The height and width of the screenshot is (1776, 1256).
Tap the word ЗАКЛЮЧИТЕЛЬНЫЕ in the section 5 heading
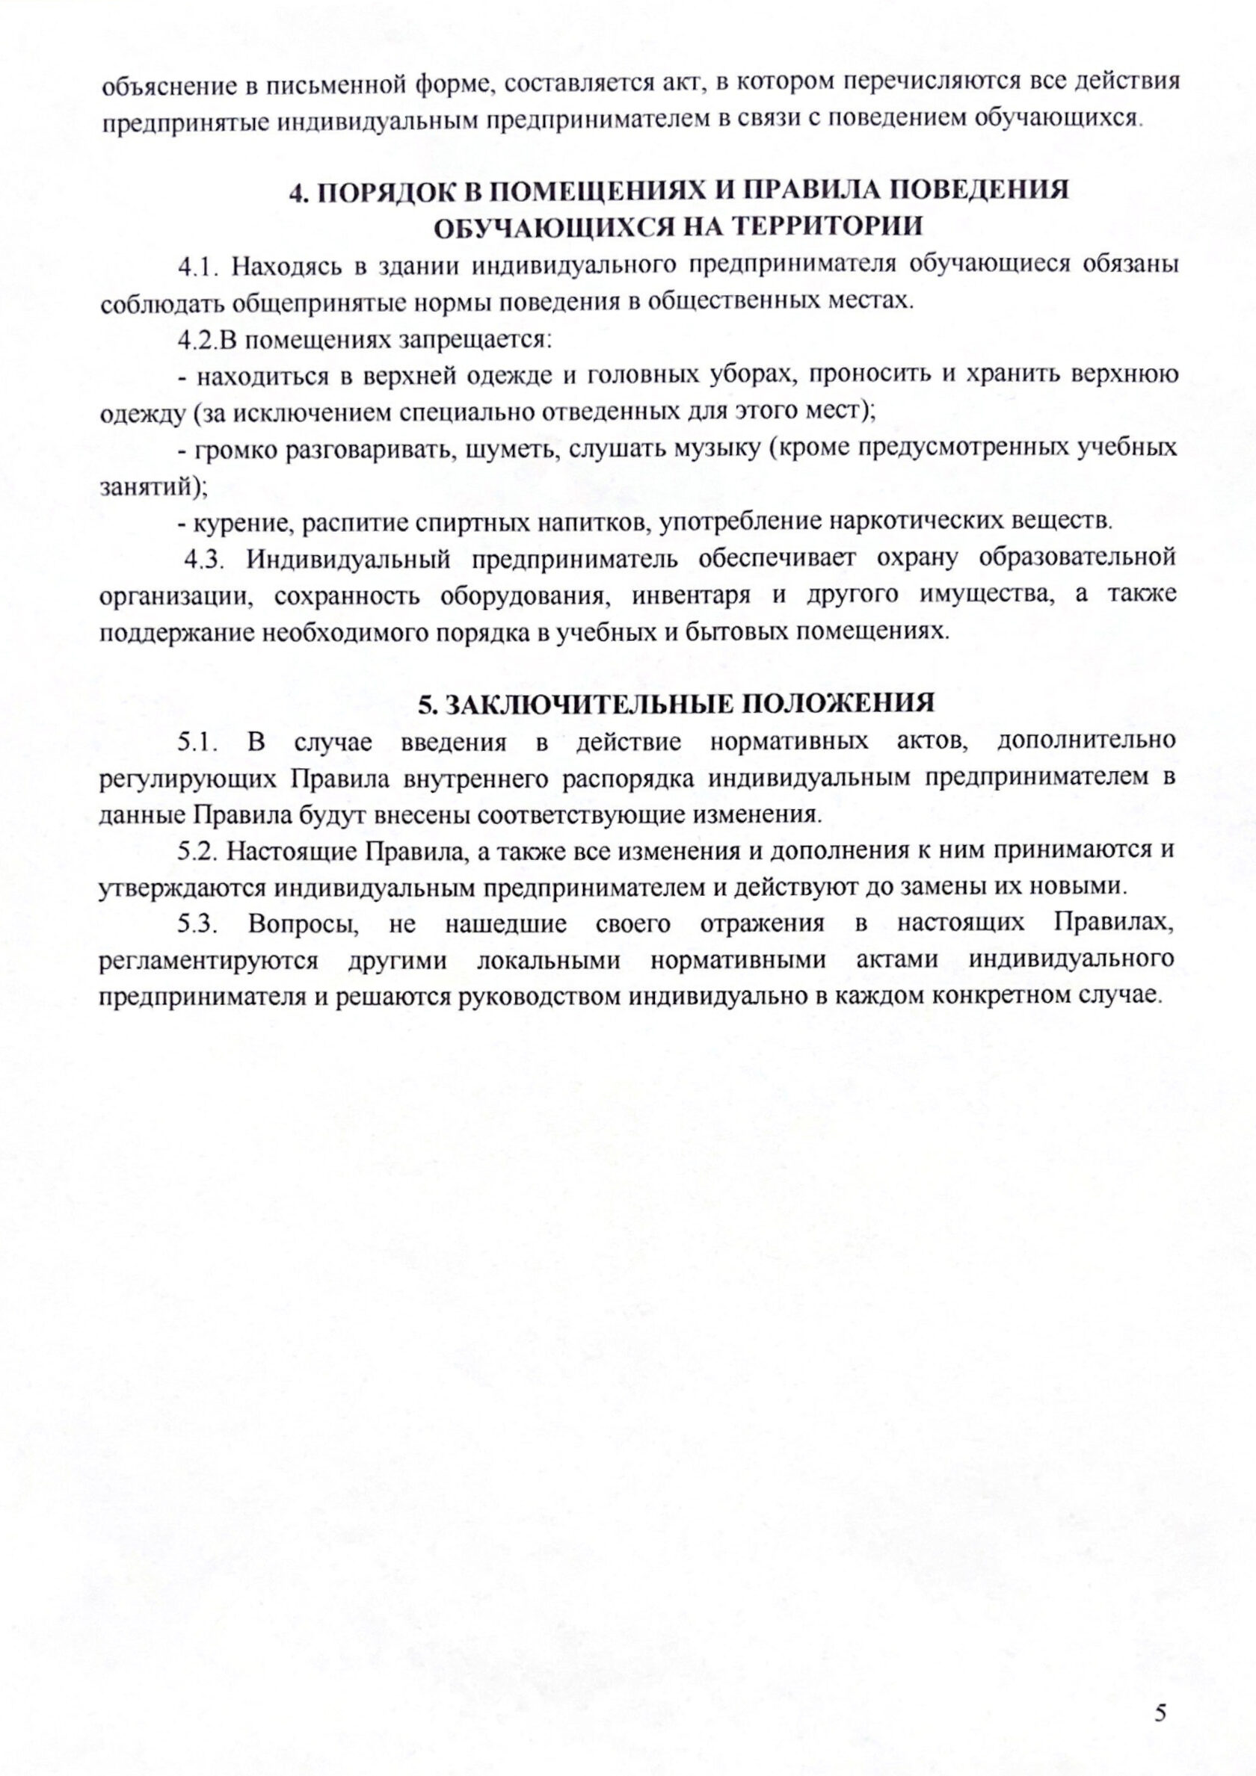pyautogui.click(x=588, y=705)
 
